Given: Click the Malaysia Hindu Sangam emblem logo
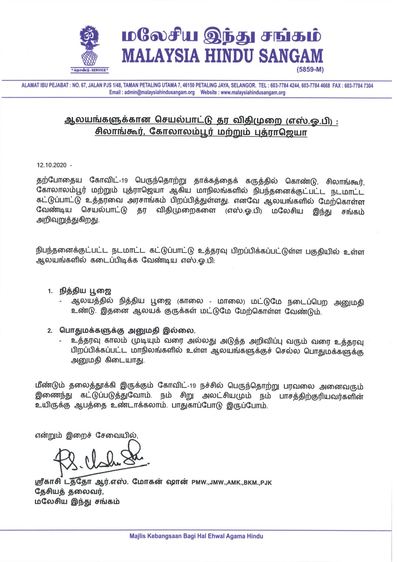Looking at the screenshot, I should pos(90,46).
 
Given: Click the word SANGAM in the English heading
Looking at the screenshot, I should pos(291,56).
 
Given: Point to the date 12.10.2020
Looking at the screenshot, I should pos(52,165).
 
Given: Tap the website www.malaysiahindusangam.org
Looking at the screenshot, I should pos(253,92).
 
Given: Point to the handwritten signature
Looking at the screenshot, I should pos(100,459).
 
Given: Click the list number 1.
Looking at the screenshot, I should pos(50,291).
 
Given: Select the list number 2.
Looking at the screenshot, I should pos(50,331).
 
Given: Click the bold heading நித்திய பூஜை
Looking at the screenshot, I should pos(86,291).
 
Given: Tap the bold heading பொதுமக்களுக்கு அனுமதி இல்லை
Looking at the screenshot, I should pos(128,330).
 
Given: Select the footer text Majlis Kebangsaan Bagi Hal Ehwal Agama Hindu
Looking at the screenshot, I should pos(196,536).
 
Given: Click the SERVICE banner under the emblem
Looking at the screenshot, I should pos(90,70).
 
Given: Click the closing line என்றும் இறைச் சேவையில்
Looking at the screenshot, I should pos(87,435).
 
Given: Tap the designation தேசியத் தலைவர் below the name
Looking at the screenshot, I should pos(69,492).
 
